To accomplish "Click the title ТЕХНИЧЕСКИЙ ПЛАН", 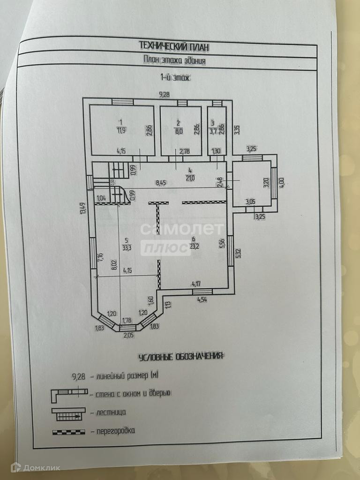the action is (174, 45).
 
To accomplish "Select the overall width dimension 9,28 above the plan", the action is (164, 95).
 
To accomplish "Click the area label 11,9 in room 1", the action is (121, 130).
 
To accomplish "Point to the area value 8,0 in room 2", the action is (178, 131).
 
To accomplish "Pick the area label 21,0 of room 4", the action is (189, 177).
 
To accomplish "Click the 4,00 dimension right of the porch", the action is (282, 181).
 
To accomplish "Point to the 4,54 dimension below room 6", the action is (202, 299).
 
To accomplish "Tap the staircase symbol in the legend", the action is (68, 412).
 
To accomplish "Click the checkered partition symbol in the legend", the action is (68, 430).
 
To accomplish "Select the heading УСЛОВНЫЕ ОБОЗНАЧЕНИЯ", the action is (180, 357).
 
